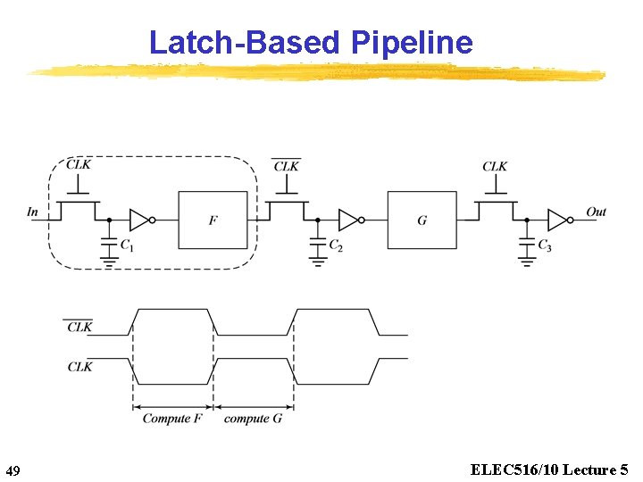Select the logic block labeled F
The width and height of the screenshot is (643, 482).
[213, 220]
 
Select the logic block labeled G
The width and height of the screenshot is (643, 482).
[422, 220]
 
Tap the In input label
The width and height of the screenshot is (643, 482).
[33, 212]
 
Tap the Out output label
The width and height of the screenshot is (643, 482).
[596, 212]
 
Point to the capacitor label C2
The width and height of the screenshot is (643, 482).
[335, 245]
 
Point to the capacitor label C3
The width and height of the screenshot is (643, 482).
[544, 245]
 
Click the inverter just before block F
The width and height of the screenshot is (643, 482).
[141, 220]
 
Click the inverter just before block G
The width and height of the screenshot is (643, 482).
[350, 220]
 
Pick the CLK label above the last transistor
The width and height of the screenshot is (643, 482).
[495, 166]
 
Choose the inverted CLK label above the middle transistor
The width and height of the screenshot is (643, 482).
[287, 166]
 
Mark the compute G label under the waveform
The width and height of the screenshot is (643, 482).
[253, 419]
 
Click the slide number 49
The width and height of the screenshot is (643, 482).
[13, 470]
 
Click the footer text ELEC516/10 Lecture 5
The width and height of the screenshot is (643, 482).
[548, 469]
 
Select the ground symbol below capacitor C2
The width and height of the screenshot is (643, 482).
[317, 262]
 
